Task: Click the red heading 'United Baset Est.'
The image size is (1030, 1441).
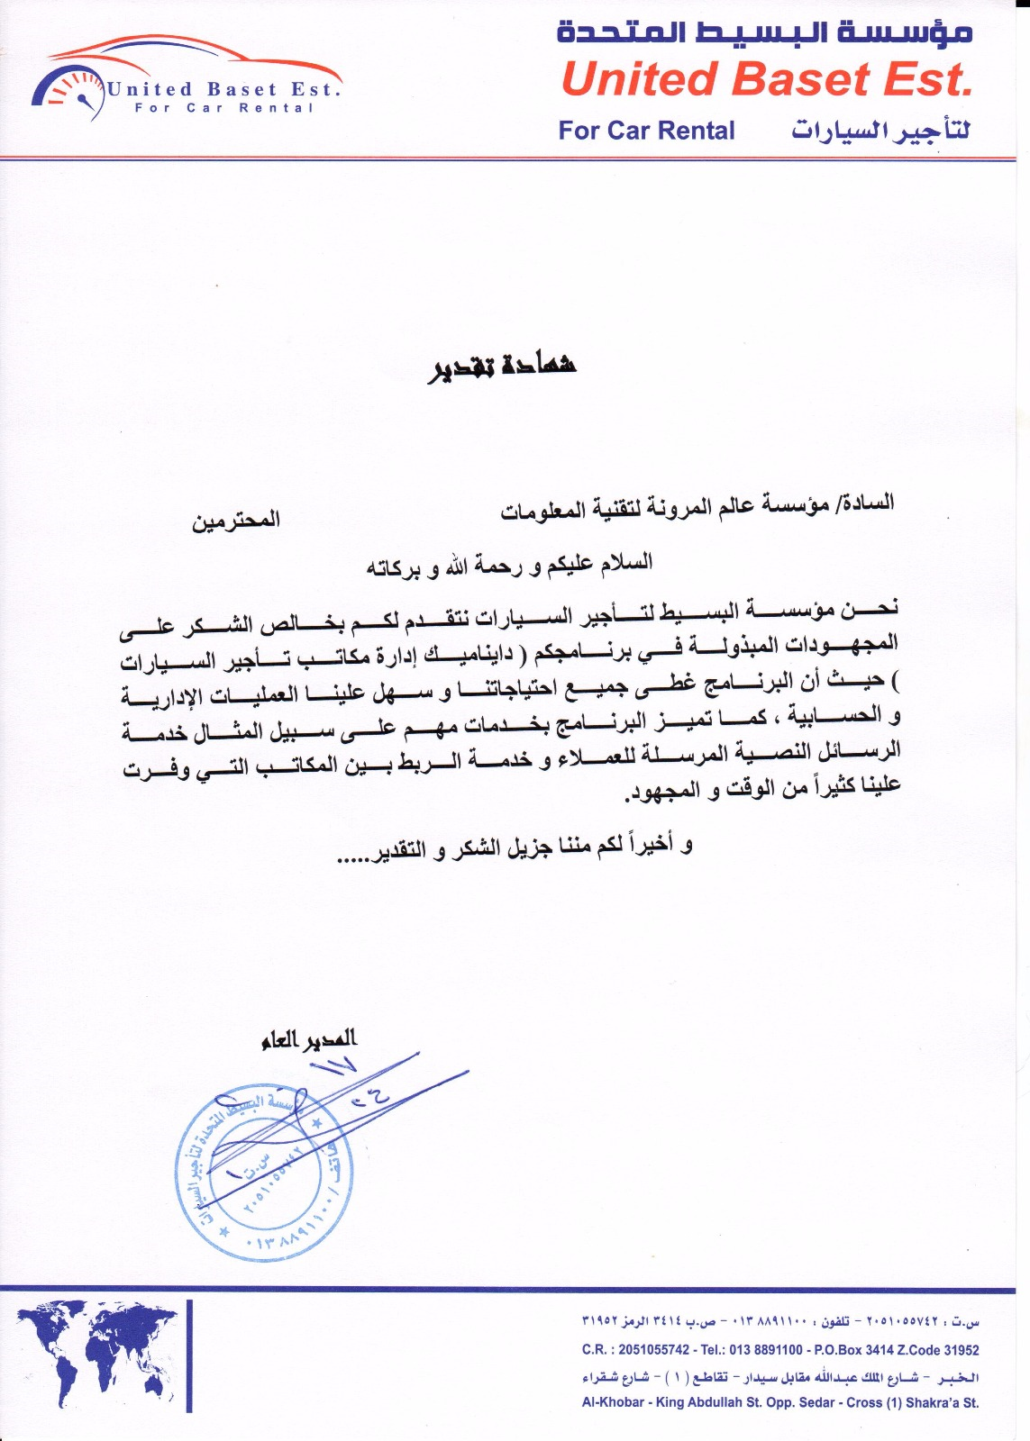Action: [x=766, y=79]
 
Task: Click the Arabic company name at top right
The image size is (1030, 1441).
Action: [x=764, y=32]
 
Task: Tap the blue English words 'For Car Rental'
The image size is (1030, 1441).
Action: [x=646, y=131]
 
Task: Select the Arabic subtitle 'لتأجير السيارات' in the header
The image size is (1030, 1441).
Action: [x=880, y=131]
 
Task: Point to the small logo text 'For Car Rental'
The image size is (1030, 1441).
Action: [x=224, y=108]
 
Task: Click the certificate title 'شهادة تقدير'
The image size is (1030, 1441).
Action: [x=502, y=365]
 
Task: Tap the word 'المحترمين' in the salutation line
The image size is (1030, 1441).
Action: [x=235, y=520]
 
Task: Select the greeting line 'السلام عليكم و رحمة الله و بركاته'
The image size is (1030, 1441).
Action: [x=509, y=565]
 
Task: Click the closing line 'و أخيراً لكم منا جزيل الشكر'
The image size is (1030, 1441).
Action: [x=514, y=847]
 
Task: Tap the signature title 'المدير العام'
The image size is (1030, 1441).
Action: [x=309, y=1039]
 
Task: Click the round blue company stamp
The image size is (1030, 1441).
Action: [x=264, y=1171]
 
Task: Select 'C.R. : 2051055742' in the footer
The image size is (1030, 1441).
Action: [x=635, y=1350]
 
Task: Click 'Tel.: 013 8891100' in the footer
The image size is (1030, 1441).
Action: [x=752, y=1350]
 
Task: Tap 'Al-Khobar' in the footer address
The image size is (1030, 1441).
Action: [x=613, y=1402]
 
